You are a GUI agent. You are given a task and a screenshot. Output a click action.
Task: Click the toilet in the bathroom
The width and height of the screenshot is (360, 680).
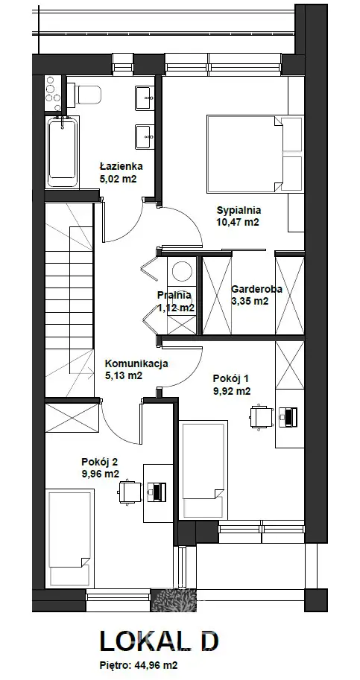point(88,95)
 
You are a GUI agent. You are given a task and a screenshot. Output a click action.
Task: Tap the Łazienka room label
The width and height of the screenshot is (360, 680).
point(121,165)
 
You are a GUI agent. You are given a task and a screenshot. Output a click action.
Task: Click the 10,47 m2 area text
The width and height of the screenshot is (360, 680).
point(238,223)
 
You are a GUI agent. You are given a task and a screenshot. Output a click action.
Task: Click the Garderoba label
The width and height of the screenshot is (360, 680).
point(257,289)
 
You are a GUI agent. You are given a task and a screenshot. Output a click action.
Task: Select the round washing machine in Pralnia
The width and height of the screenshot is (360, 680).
point(182,271)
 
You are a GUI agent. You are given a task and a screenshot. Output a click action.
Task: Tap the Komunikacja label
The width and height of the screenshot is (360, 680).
point(136,364)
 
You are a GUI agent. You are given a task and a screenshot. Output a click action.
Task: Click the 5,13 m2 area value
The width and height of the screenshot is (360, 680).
point(124,375)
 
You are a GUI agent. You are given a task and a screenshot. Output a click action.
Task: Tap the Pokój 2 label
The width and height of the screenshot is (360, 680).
point(100,462)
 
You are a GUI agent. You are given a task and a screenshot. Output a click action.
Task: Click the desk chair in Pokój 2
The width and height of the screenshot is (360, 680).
point(130,492)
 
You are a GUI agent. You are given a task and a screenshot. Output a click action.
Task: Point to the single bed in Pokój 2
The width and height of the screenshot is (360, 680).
point(70,538)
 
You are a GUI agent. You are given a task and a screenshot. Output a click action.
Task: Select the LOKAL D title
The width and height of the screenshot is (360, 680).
point(160,641)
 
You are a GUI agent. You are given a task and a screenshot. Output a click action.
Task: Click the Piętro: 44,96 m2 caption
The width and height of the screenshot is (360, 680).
point(139,665)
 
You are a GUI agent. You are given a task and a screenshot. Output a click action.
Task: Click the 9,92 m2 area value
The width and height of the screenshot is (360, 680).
point(232,391)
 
